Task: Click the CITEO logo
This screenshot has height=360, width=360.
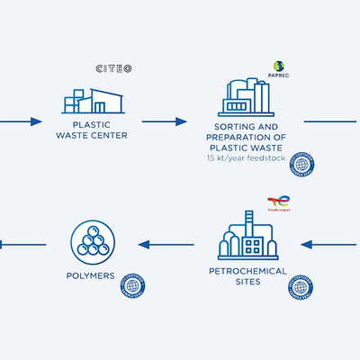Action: (114, 68)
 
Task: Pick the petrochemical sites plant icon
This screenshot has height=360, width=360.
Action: (247, 237)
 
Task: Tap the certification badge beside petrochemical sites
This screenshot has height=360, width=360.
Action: (301, 288)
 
